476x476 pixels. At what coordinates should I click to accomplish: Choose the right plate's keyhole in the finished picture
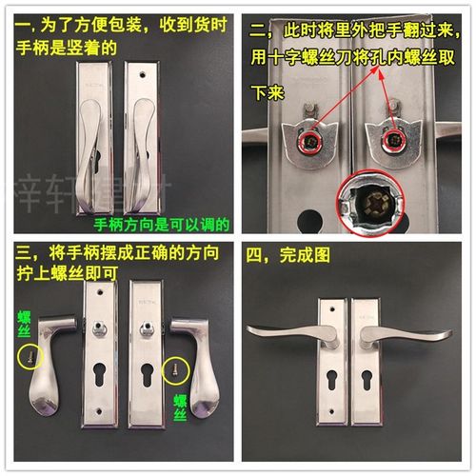click(365, 382)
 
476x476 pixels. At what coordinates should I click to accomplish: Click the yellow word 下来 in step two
click(267, 93)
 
